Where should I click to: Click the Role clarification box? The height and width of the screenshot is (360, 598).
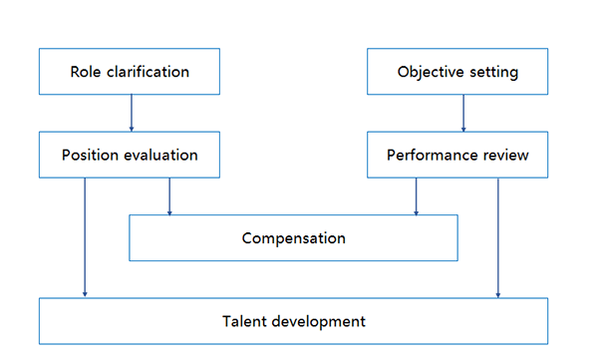(x=130, y=73)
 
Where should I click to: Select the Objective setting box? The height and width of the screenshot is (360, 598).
(x=457, y=73)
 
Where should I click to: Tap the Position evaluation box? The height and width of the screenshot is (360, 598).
(x=130, y=156)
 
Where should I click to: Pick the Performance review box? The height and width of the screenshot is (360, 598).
(x=457, y=156)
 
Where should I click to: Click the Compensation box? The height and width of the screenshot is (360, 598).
(x=293, y=238)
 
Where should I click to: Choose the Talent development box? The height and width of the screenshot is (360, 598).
(x=293, y=321)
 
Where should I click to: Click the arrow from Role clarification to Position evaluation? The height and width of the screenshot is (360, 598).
(x=131, y=115)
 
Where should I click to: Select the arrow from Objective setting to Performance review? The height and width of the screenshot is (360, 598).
(x=462, y=115)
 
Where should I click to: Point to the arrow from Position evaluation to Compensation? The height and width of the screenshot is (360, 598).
(x=169, y=196)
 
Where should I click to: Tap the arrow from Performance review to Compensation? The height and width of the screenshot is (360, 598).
(x=416, y=196)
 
